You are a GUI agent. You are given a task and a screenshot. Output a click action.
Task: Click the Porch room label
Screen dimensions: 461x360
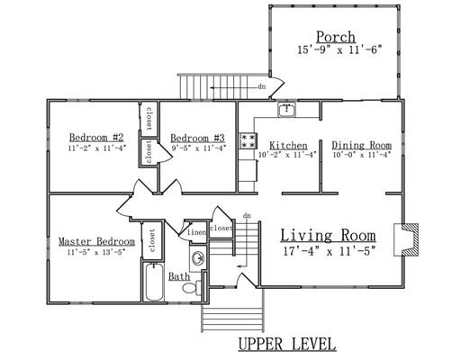click(x=336, y=38)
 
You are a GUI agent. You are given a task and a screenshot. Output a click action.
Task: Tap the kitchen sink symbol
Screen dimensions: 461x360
click(x=287, y=109)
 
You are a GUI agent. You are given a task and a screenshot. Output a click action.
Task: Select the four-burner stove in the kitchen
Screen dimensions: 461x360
click(x=249, y=140)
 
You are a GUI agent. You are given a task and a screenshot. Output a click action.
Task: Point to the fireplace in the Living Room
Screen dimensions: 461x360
click(x=406, y=239)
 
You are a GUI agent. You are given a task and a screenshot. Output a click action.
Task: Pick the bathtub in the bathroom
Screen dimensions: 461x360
click(x=153, y=282)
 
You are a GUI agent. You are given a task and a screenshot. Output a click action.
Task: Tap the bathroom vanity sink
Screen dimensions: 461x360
click(x=198, y=257)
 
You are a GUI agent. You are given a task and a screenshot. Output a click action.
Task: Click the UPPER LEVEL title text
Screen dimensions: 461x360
click(x=287, y=344)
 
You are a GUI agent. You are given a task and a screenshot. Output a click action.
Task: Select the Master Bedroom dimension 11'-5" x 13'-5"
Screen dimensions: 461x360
click(x=96, y=252)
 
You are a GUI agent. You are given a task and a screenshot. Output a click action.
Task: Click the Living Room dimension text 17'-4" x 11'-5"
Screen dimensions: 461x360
click(x=330, y=251)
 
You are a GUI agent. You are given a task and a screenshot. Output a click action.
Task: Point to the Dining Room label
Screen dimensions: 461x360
click(x=361, y=145)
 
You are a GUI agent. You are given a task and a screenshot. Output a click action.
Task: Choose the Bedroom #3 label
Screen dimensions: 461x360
click(x=197, y=139)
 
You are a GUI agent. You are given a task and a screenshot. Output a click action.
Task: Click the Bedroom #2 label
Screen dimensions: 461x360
click(x=96, y=138)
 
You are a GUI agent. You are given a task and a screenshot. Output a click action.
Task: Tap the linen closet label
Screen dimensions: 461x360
click(x=196, y=232)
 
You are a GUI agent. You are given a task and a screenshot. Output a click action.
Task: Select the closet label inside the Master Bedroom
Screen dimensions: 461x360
click(x=152, y=240)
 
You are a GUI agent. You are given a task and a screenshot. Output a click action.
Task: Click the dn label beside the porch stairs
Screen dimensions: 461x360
click(x=262, y=87)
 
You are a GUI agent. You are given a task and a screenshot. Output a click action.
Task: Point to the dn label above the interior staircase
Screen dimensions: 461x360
click(x=247, y=215)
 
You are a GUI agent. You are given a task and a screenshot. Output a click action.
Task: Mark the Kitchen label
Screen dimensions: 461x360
click(x=288, y=146)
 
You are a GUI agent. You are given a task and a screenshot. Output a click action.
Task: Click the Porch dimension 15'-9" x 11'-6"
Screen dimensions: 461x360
click(x=339, y=49)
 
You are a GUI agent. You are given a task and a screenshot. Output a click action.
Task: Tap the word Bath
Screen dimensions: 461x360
click(x=179, y=276)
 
